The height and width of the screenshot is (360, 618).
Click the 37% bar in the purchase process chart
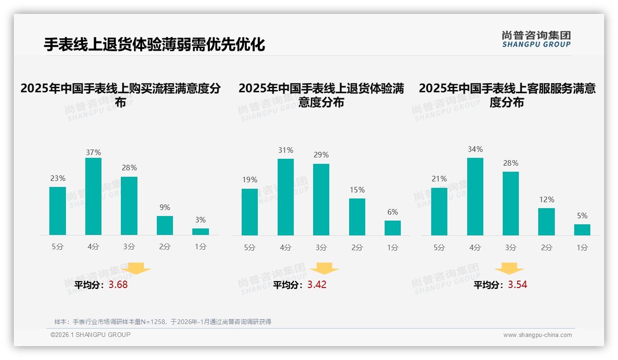[93, 196]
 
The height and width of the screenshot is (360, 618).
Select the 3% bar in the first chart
[201, 232]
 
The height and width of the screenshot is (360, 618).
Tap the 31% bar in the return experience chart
[285, 197]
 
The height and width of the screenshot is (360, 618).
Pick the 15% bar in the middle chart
[357, 217]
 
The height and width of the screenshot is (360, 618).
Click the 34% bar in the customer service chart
[475, 197]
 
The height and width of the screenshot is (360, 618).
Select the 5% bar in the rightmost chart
[582, 230]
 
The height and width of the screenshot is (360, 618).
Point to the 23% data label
[58, 179]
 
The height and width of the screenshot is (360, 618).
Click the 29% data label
[321, 155]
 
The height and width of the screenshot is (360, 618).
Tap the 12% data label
[547, 200]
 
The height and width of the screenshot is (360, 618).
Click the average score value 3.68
[118, 285]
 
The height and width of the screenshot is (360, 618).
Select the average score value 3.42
[317, 285]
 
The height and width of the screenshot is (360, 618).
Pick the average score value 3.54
[517, 285]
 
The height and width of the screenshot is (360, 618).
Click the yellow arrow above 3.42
[324, 269]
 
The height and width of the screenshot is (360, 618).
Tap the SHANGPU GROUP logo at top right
[536, 39]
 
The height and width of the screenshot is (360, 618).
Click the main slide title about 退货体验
[154, 45]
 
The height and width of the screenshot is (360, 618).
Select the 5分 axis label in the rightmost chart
[439, 248]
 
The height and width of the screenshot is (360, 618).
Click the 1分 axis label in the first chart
[201, 247]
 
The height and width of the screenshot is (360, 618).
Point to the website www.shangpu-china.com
[537, 335]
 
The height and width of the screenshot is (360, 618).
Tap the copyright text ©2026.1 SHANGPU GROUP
[90, 335]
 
